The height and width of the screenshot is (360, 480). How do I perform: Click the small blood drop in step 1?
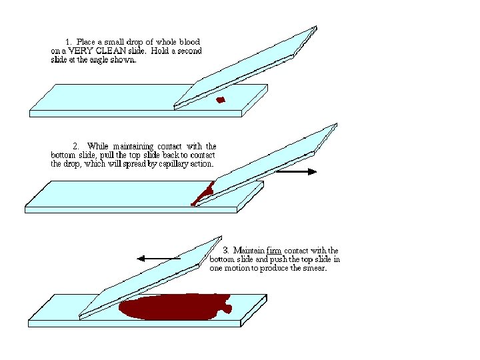point(221,101)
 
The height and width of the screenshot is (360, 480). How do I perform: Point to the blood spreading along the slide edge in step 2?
point(203,193)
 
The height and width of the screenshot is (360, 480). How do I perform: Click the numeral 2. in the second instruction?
point(76,146)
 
